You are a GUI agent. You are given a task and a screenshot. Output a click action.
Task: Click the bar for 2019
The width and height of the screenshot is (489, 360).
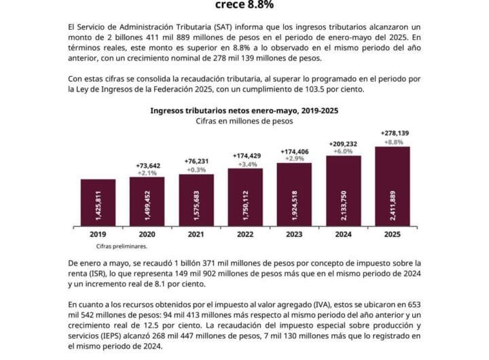(98, 203)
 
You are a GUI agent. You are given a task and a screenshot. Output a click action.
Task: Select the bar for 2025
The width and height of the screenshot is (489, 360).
(392, 187)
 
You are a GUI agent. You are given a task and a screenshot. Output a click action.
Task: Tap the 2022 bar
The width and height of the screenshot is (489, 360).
(245, 198)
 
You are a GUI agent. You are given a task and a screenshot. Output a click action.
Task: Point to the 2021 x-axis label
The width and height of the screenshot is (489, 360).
(196, 234)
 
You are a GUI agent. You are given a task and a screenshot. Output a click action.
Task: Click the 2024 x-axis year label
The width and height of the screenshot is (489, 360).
(343, 234)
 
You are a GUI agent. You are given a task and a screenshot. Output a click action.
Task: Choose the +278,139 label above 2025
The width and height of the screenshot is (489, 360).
(392, 133)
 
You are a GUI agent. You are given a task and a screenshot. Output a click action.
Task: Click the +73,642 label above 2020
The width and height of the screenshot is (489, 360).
(147, 164)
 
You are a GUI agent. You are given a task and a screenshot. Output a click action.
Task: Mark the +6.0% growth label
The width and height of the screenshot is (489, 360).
(343, 152)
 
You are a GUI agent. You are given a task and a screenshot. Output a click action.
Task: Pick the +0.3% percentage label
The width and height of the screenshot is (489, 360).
(196, 170)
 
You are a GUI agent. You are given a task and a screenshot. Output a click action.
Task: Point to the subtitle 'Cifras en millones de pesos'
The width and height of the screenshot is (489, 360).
(244, 121)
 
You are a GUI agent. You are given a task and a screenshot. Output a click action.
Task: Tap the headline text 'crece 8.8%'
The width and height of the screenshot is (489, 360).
(244, 5)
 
